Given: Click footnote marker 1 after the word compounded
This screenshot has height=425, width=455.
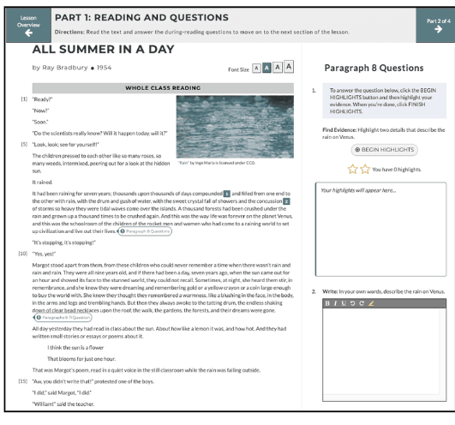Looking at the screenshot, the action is point(227,170).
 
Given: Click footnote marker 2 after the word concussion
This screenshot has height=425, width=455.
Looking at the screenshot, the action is point(286,177).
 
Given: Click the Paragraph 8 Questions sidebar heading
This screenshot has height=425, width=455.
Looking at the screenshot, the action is point(369,68).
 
